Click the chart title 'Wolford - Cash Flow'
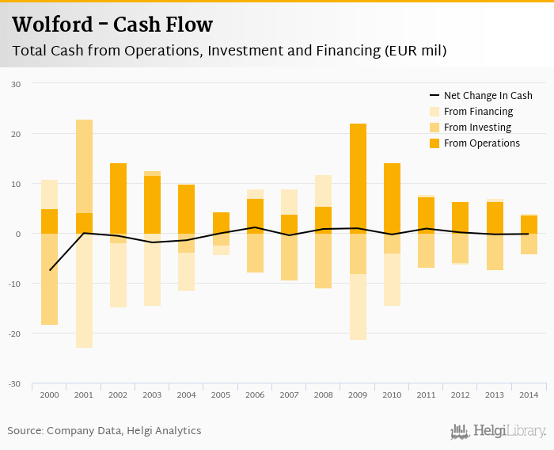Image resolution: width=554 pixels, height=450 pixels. pyautogui.click(x=112, y=25)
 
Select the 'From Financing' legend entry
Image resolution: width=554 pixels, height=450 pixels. pyautogui.click(x=478, y=112)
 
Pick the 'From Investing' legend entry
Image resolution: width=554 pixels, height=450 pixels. pyautogui.click(x=477, y=128)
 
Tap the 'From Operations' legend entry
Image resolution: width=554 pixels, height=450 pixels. pyautogui.click(x=481, y=143)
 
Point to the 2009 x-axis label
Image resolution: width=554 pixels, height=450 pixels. pyautogui.click(x=358, y=395)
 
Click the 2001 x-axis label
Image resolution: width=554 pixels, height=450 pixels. pyautogui.click(x=84, y=395)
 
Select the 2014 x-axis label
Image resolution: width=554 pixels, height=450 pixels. pyautogui.click(x=529, y=395)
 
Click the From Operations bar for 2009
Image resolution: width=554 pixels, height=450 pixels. pyautogui.click(x=358, y=178)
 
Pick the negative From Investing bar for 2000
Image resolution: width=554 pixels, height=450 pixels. pyautogui.click(x=49, y=279)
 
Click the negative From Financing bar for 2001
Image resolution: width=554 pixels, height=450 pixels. pyautogui.click(x=84, y=291)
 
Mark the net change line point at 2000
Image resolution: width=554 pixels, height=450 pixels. pyautogui.click(x=49, y=270)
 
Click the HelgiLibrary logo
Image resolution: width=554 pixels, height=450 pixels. pyautogui.click(x=499, y=432)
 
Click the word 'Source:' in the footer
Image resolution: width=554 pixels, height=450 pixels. pyautogui.click(x=25, y=431)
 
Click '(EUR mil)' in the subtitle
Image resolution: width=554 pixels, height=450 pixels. pyautogui.click(x=415, y=51)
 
